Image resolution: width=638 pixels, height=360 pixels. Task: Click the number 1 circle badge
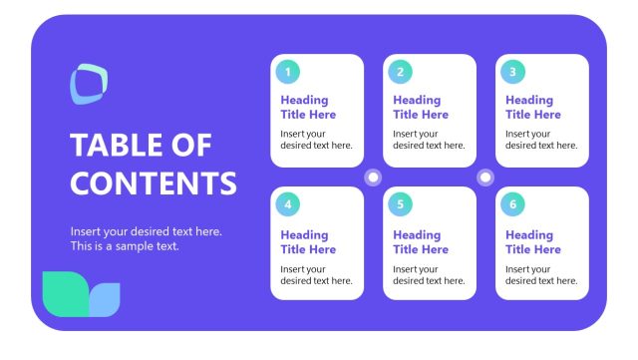[x=288, y=72]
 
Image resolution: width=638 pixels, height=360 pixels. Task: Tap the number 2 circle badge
[x=401, y=72]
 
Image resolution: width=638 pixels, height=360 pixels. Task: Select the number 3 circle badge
[x=512, y=72]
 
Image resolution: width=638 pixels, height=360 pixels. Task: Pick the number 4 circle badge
[x=288, y=204]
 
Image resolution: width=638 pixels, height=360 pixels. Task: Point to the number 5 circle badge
[x=401, y=204]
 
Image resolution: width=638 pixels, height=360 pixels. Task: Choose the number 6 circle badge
[x=512, y=204]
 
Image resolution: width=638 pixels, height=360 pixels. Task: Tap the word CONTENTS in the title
[x=154, y=183]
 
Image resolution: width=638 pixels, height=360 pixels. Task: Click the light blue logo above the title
[x=89, y=84]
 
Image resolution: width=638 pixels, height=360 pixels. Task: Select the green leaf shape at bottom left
[x=66, y=291]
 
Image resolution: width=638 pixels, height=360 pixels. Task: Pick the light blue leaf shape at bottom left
[x=105, y=299]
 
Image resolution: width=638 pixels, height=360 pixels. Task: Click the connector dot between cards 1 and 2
[x=374, y=178]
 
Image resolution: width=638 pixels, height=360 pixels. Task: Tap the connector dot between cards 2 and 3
[x=485, y=178]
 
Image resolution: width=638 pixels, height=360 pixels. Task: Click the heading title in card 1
[x=308, y=107]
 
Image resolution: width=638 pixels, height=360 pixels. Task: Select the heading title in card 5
[x=421, y=242]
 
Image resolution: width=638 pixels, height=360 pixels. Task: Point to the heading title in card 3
[x=532, y=107]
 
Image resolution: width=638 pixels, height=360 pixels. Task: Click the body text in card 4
[x=316, y=274]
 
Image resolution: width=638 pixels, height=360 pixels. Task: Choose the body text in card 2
[x=429, y=140]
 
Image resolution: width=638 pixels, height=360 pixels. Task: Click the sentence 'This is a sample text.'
[x=125, y=245]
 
